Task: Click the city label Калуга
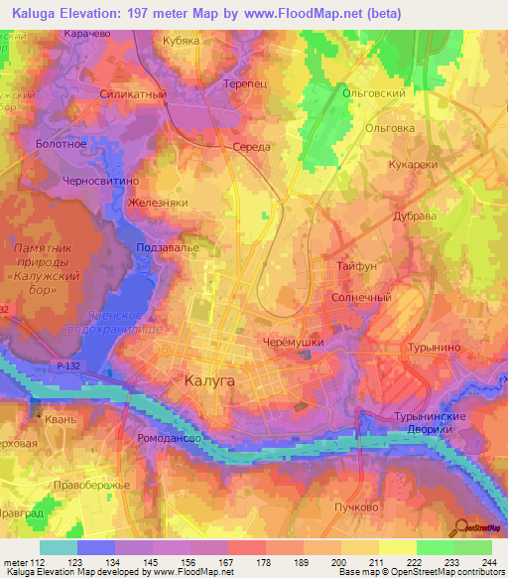point(210,379)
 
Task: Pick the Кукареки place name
point(414,164)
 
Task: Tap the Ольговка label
point(389,127)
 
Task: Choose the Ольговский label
point(373,92)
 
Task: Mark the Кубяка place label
point(182,41)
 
